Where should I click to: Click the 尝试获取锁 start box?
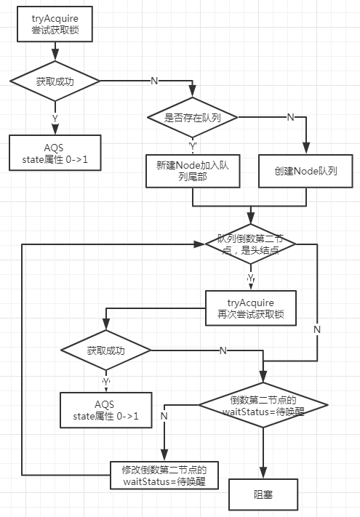click(x=55, y=24)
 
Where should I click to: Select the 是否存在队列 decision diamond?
click(x=193, y=117)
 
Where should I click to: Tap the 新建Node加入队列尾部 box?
click(x=193, y=171)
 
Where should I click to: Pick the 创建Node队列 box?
click(x=305, y=171)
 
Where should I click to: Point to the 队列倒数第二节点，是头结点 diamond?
click(x=251, y=244)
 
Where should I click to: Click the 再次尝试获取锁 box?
click(x=251, y=308)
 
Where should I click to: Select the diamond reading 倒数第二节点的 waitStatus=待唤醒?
click(x=263, y=405)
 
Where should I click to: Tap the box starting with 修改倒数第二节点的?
click(x=164, y=475)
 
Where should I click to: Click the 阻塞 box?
click(x=263, y=494)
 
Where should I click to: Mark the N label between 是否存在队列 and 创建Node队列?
click(x=290, y=117)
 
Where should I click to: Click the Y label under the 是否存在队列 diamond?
click(x=193, y=146)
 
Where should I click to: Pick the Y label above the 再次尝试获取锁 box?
click(x=251, y=278)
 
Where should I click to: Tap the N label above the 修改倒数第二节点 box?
click(x=164, y=416)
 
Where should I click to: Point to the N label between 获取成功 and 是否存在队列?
click(x=154, y=81)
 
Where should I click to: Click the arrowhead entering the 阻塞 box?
click(x=263, y=473)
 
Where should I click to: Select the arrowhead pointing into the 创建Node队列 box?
click(x=306, y=148)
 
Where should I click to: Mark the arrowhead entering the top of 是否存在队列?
click(x=193, y=92)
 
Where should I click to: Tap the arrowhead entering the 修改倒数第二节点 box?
click(x=164, y=455)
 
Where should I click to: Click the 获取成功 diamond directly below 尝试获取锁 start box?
click(x=55, y=81)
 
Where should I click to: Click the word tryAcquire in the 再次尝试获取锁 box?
click(x=251, y=302)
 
